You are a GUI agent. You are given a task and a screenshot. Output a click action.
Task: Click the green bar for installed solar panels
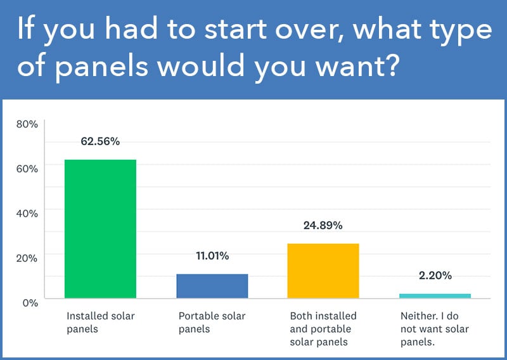100,229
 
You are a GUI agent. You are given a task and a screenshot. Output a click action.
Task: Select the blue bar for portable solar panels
212,286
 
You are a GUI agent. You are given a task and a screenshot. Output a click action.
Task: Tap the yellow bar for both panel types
323,271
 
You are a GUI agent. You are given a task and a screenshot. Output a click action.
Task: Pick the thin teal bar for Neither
435,296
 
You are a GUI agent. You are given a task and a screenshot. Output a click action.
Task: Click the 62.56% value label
100,141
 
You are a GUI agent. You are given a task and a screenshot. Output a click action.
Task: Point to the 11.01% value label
212,256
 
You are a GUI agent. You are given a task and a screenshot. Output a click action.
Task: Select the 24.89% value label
323,226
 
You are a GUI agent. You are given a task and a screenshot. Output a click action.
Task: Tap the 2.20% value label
435,276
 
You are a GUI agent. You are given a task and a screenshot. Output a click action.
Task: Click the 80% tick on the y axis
27,124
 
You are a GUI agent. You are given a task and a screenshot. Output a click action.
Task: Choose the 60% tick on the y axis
27,169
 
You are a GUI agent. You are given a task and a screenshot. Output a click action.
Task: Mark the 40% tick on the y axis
27,214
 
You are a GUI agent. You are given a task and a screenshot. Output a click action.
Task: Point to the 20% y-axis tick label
27,258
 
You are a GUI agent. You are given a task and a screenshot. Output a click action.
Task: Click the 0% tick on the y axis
30,303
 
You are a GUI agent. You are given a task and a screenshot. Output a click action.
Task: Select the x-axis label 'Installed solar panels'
101,323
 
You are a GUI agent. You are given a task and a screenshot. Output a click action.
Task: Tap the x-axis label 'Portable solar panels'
212,323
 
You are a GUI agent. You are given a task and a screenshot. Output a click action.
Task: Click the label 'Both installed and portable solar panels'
323,329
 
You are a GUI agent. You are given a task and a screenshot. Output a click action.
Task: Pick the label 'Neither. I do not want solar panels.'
435,329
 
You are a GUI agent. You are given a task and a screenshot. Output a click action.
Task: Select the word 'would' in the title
201,65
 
